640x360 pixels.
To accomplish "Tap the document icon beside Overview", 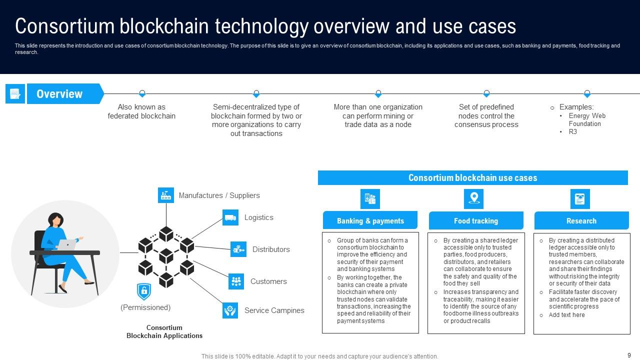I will click(15, 94).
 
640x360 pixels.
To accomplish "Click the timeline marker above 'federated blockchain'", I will click(142, 93).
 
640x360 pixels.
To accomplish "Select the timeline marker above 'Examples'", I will click(587, 93).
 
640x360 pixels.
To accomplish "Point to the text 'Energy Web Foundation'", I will click(586, 119).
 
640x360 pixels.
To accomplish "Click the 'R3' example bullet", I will click(572, 131).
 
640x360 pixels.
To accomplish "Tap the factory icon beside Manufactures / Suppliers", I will click(166, 195).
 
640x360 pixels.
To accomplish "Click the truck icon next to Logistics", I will click(230, 217).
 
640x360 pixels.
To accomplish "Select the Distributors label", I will click(271, 249).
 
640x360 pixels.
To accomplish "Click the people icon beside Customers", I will click(236, 281).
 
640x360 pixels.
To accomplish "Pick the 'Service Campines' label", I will click(274, 310).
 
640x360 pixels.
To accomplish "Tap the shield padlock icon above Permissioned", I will click(144, 291).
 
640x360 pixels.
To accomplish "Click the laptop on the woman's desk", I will click(66, 244).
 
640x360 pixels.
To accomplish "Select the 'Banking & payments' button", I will click(370, 220).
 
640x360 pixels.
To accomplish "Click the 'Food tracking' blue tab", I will click(476, 220).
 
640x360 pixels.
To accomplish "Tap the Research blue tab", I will click(581, 220).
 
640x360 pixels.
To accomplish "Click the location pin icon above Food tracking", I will click(474, 198).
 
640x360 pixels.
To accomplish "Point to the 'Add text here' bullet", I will click(566, 315).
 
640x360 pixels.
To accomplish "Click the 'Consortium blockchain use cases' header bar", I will click(472, 178).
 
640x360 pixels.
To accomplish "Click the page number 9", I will click(629, 355).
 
